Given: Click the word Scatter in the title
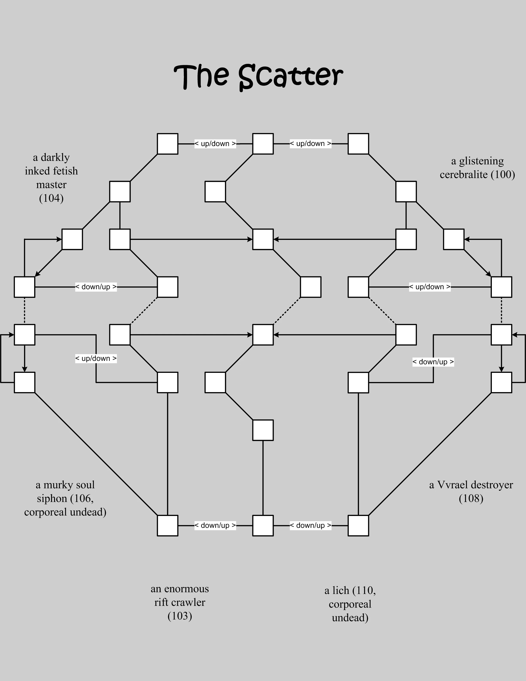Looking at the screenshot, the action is (291, 76).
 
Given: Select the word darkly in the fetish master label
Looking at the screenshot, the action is (55, 158).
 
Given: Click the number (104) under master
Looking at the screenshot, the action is (51, 198).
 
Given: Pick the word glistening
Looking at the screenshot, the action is (482, 161).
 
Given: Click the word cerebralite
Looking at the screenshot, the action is (464, 175).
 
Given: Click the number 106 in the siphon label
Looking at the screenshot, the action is (82, 499).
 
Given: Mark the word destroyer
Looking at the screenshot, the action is (492, 485).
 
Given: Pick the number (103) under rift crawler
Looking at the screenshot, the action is (180, 616).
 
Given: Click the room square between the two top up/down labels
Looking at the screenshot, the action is (263, 144).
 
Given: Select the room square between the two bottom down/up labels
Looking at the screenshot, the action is (263, 526).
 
